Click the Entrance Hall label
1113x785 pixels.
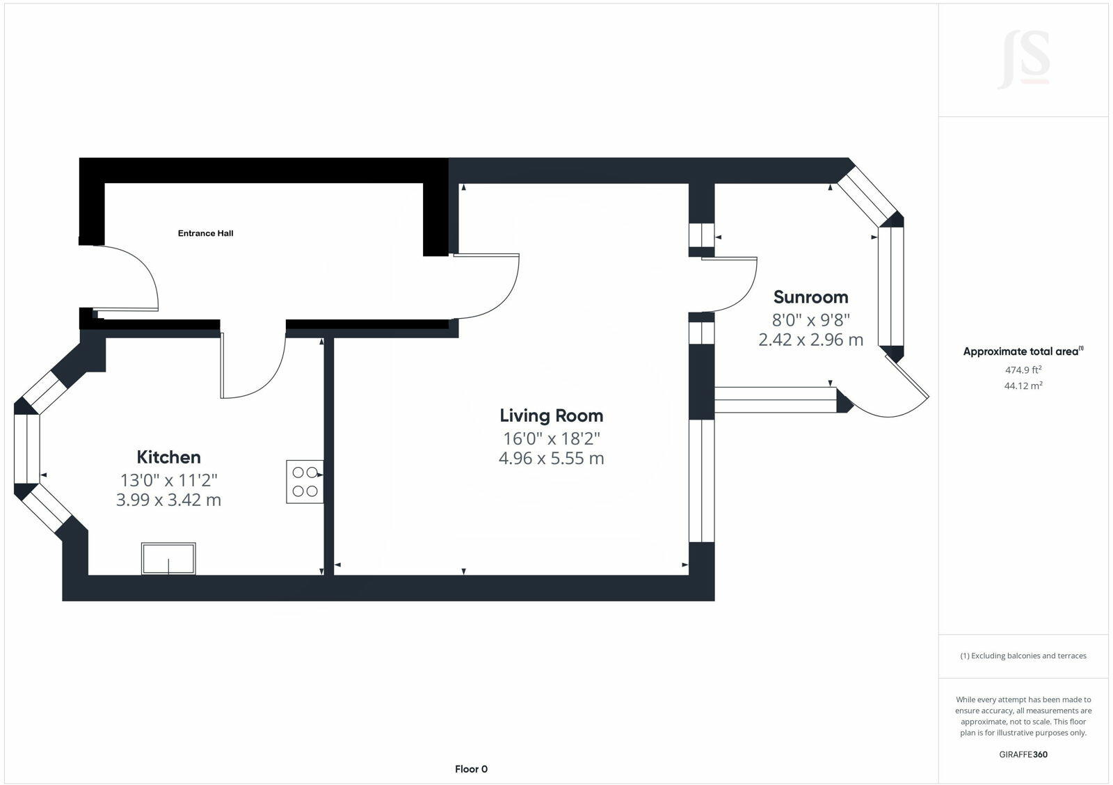(x=205, y=233)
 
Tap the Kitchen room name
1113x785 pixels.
(x=168, y=457)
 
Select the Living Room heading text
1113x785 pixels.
(x=551, y=415)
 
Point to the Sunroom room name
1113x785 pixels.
(x=810, y=297)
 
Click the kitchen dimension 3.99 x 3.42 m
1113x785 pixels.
(x=168, y=500)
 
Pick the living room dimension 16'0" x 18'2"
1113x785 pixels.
(x=551, y=438)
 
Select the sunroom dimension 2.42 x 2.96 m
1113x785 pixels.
(x=810, y=340)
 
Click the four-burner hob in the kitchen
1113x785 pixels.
(x=305, y=481)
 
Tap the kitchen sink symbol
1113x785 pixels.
(x=168, y=558)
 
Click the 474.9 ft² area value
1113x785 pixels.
(x=1023, y=370)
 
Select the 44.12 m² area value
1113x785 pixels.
(x=1023, y=386)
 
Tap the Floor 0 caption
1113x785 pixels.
(x=471, y=769)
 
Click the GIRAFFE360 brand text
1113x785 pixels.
(x=1023, y=754)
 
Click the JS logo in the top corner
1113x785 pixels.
(x=1023, y=61)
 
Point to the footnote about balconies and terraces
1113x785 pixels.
(x=1023, y=656)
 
